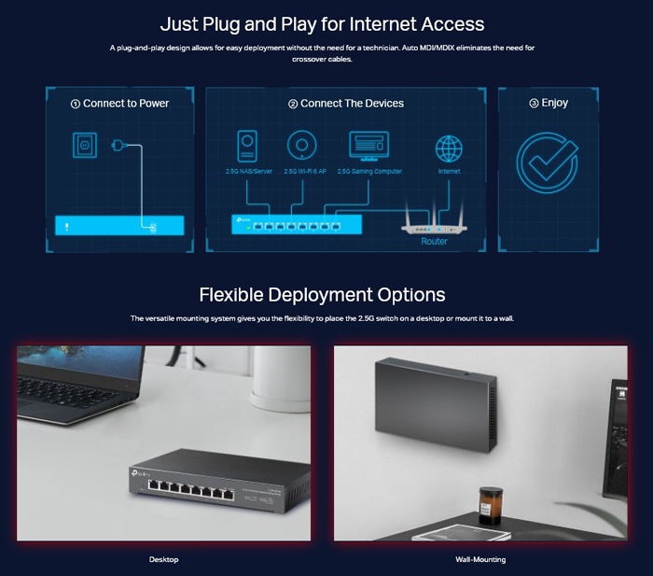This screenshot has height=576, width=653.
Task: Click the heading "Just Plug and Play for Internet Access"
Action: coord(322,23)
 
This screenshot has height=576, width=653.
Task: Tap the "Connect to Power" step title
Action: coord(120,104)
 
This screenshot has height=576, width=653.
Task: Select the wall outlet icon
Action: coord(85,146)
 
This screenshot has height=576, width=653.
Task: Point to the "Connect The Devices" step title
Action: coord(346,104)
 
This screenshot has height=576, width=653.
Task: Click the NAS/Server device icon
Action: coord(248,146)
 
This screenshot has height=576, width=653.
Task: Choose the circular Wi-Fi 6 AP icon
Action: coord(300,146)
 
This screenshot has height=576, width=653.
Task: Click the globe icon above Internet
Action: coord(449,148)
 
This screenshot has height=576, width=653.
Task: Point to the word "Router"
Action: coord(434,241)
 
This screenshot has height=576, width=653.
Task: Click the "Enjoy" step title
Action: coord(549,104)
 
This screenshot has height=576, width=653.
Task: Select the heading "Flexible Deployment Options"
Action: coord(322,295)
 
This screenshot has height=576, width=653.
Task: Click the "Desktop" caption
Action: coord(163,559)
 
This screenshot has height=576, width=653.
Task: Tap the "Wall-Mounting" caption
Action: coord(480,559)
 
